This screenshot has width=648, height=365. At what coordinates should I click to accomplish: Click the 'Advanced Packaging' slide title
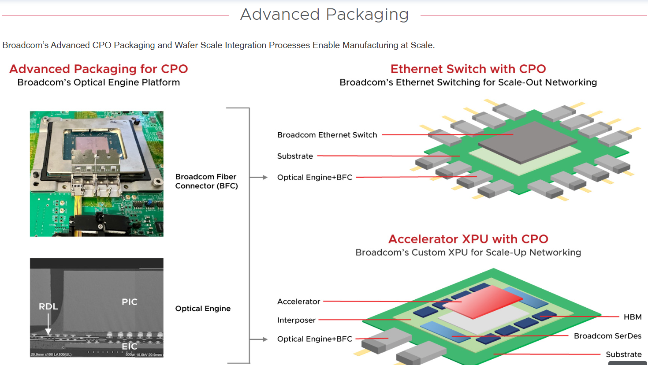[x=324, y=15]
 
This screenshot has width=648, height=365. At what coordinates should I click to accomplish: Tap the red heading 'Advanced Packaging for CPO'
[x=99, y=69]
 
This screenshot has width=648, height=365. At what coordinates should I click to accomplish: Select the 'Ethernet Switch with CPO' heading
[x=468, y=69]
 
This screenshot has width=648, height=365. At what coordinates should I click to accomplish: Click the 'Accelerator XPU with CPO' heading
[x=468, y=239]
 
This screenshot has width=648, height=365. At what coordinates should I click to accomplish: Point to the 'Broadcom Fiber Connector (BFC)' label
[x=206, y=181]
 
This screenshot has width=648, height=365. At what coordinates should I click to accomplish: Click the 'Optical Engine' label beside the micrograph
[x=203, y=309]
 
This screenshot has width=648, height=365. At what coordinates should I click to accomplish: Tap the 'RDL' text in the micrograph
[x=48, y=306]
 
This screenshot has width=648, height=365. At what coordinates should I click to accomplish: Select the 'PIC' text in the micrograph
[x=130, y=302]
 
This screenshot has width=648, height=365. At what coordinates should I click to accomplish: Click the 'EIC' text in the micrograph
[x=130, y=346]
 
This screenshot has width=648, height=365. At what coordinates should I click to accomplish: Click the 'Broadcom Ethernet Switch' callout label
[x=327, y=135]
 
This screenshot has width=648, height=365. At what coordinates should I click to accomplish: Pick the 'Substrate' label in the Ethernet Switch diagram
[x=295, y=156]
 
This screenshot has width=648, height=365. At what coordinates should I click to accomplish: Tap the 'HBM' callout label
[x=633, y=317]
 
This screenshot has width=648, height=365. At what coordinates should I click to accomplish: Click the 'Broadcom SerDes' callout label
[x=607, y=336]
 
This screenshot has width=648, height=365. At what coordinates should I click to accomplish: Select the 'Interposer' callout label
[x=296, y=320]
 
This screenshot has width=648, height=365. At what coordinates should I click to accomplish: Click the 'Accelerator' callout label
[x=298, y=302]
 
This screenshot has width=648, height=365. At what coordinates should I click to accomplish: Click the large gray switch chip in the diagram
[x=527, y=141]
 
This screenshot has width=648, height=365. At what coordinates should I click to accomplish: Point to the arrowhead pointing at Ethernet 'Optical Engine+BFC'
[x=265, y=177]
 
